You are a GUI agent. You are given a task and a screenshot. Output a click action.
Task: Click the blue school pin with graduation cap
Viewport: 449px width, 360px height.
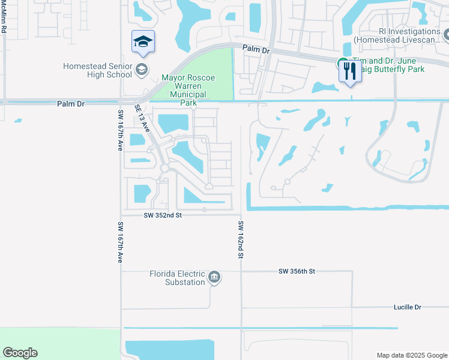[143, 41]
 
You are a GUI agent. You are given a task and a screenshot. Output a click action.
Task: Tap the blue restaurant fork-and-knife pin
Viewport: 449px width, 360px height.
[349, 71]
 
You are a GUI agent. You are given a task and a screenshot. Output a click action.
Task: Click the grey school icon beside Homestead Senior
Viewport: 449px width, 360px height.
[142, 68]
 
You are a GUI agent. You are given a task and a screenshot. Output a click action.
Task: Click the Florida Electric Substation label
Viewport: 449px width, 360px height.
[177, 278]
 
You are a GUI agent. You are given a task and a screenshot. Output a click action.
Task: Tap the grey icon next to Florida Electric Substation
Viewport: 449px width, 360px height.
[214, 277]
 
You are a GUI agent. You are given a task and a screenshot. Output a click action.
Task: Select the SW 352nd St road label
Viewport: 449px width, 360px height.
[162, 215]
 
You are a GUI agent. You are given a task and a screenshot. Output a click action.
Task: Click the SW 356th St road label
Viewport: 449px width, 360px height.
[297, 271]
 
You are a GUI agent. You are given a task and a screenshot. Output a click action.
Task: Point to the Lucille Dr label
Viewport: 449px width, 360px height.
[408, 307]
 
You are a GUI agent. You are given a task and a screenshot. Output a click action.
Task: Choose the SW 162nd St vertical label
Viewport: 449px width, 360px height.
[240, 239]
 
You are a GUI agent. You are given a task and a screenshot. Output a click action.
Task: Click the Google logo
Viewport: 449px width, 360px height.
[20, 353]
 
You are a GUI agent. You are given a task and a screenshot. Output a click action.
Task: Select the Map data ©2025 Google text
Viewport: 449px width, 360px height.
[411, 355]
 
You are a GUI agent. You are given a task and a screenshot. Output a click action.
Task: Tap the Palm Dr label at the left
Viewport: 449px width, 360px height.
[71, 104]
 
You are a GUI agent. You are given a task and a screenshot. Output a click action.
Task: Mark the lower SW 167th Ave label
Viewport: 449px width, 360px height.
[120, 242]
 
